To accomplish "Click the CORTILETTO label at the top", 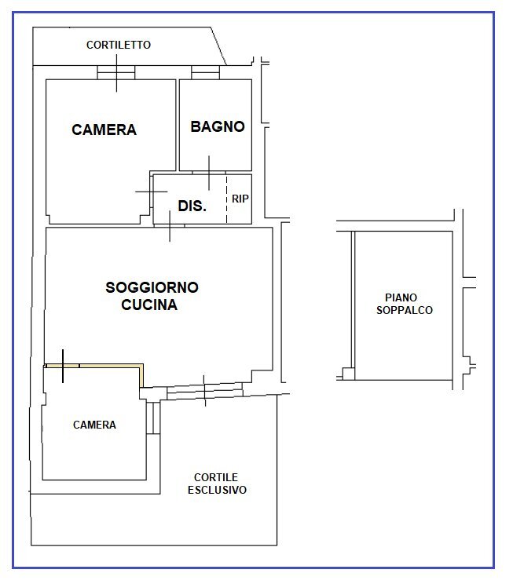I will point(118,45).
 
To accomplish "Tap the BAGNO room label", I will point(218,126).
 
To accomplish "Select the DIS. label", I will point(192,206).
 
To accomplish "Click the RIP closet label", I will point(240,199).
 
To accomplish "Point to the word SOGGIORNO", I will point(152,287).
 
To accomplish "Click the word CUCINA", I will point(149,305).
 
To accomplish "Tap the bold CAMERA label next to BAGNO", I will point(104,130).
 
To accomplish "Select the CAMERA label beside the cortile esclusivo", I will point(94,425).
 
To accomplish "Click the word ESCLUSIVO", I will point(217,490).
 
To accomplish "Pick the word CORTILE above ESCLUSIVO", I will point(216,477).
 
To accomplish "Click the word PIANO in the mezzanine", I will point(401,297).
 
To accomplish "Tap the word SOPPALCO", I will point(405,310).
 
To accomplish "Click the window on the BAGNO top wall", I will point(205,73).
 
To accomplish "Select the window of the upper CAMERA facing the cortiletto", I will point(116,73).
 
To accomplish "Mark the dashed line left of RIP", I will point(227,199).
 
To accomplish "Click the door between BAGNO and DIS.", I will point(209,172).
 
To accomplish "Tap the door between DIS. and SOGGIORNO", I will point(170,225).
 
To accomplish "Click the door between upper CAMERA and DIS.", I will point(151,192).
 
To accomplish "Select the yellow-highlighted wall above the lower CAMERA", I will point(102,365).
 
